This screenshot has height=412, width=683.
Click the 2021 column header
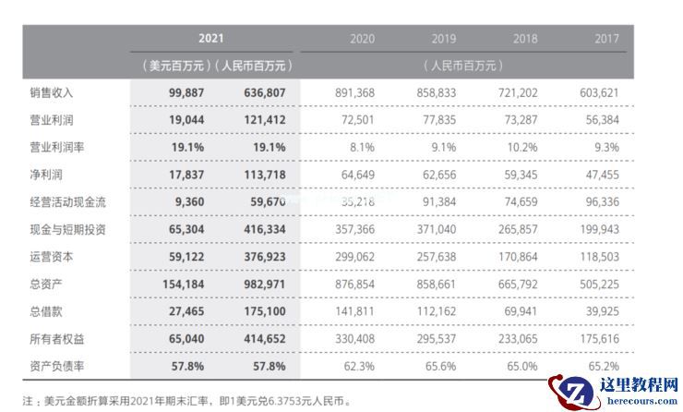coord(211,39)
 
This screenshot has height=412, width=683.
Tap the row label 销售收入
coord(52,92)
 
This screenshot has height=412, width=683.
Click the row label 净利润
coord(45,173)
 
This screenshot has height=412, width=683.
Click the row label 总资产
coord(45,284)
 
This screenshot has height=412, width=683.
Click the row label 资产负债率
coord(58,367)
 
